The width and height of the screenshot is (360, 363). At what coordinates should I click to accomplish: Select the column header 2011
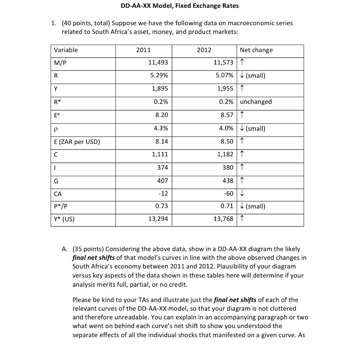click(143, 50)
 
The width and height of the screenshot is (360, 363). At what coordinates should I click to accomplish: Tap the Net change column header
click(256, 50)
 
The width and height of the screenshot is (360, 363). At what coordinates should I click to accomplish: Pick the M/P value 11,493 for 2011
click(158, 63)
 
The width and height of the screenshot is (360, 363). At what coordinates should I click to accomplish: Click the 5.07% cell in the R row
click(224, 76)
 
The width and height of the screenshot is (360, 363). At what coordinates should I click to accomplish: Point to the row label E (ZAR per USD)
click(77, 142)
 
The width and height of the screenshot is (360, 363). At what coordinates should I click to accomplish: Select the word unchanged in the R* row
click(256, 102)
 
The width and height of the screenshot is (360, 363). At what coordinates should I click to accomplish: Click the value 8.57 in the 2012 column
click(226, 115)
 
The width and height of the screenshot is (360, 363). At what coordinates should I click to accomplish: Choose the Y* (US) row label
click(64, 219)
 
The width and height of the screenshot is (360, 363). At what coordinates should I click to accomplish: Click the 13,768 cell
click(223, 219)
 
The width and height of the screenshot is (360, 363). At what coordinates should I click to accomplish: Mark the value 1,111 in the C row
click(160, 155)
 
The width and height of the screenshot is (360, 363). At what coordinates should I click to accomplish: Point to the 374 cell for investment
click(162, 167)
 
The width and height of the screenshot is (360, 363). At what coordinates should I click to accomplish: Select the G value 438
click(227, 181)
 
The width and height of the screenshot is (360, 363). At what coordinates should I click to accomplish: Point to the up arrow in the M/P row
click(242, 63)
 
